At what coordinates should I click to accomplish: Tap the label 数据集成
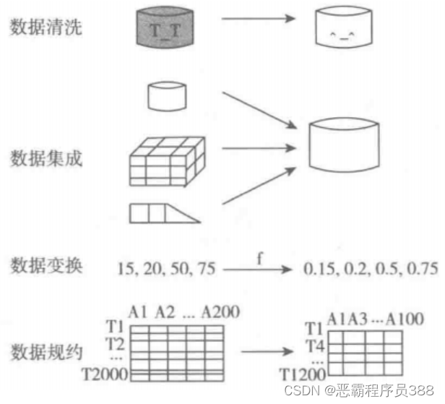(45, 158)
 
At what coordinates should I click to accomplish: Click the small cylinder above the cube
(165, 95)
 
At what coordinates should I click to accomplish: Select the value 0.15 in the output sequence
(317, 269)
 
